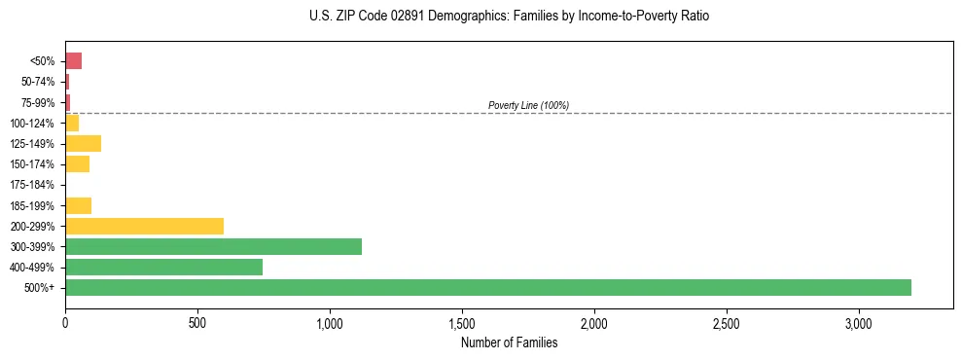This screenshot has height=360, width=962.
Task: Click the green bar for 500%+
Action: [x=487, y=287]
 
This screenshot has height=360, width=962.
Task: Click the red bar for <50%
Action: [x=73, y=61]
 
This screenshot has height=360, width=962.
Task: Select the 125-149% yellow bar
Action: [x=83, y=143]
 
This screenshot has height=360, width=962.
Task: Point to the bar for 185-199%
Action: [x=78, y=205]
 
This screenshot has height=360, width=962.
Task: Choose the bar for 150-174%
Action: [x=77, y=163]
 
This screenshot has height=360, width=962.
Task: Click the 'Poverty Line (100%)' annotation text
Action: [x=528, y=105]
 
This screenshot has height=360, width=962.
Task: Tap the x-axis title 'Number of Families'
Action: [x=509, y=342]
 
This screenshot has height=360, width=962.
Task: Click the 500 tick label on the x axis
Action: [x=197, y=322]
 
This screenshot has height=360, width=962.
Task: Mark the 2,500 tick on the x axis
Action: [x=727, y=322]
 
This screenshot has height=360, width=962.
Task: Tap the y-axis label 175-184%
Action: [x=32, y=185]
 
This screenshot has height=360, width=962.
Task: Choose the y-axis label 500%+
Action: [x=41, y=288]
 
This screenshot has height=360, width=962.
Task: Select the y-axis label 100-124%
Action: [x=32, y=123]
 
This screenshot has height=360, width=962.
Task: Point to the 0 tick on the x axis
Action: [x=65, y=322]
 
